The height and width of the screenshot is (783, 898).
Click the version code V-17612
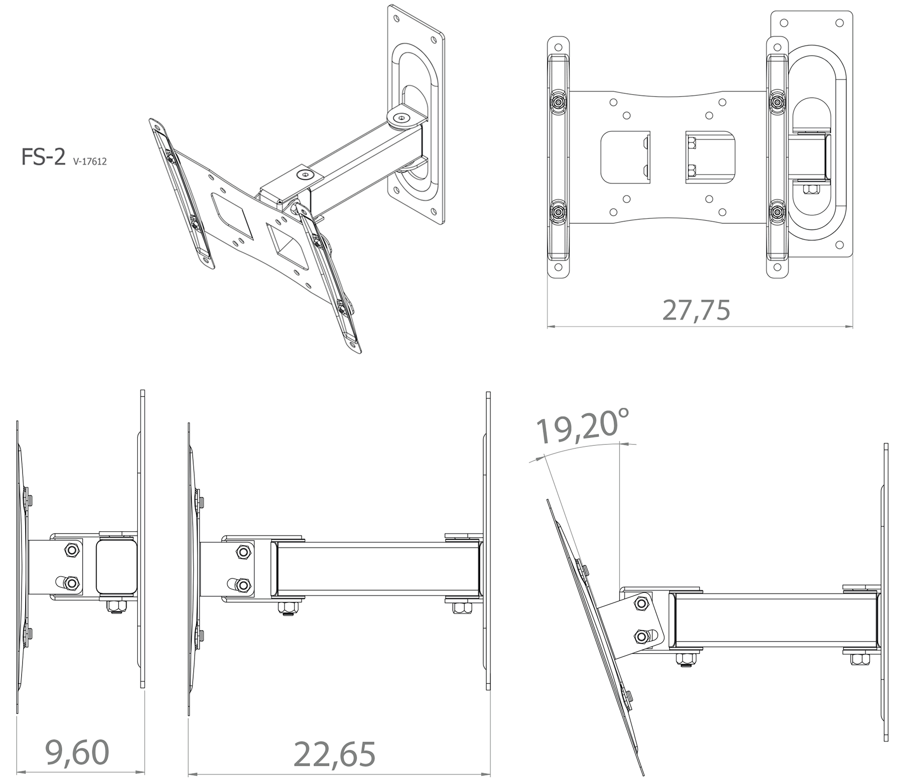(90, 162)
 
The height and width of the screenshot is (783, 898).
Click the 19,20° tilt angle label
(583, 425)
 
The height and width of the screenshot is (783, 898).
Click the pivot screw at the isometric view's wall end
(401, 117)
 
